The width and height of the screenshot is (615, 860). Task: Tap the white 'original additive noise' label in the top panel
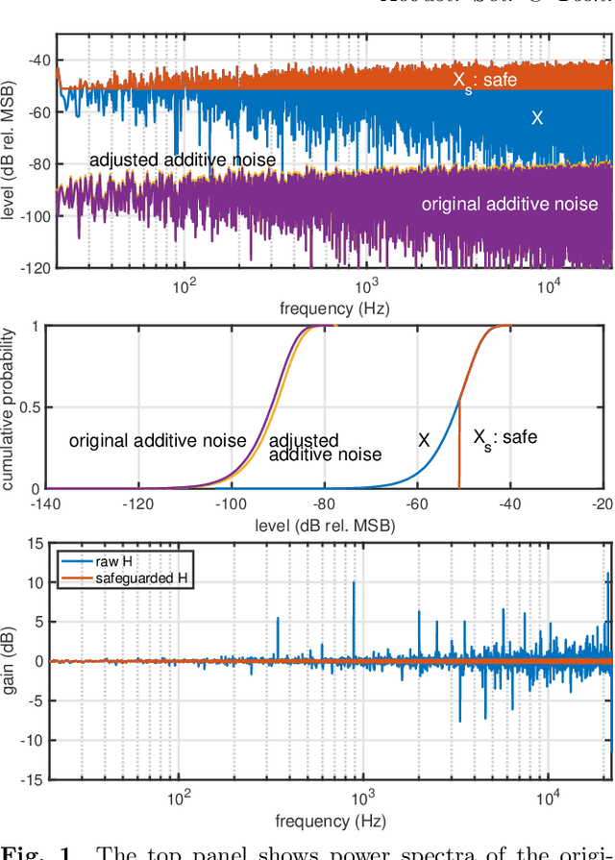coord(509,204)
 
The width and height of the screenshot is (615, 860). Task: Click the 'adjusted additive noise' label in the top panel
coord(182,160)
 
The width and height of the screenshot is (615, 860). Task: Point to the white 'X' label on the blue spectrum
coord(537,118)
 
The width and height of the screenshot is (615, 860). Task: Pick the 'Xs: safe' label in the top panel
coord(484,81)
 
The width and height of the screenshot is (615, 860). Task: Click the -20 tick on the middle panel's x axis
coord(603,504)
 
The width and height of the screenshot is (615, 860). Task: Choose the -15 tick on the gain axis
coord(33,779)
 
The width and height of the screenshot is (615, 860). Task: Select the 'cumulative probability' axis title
coord(9,408)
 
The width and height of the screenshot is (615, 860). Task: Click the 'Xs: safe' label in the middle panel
coord(504,438)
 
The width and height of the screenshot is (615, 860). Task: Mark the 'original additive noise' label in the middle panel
coord(158,441)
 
